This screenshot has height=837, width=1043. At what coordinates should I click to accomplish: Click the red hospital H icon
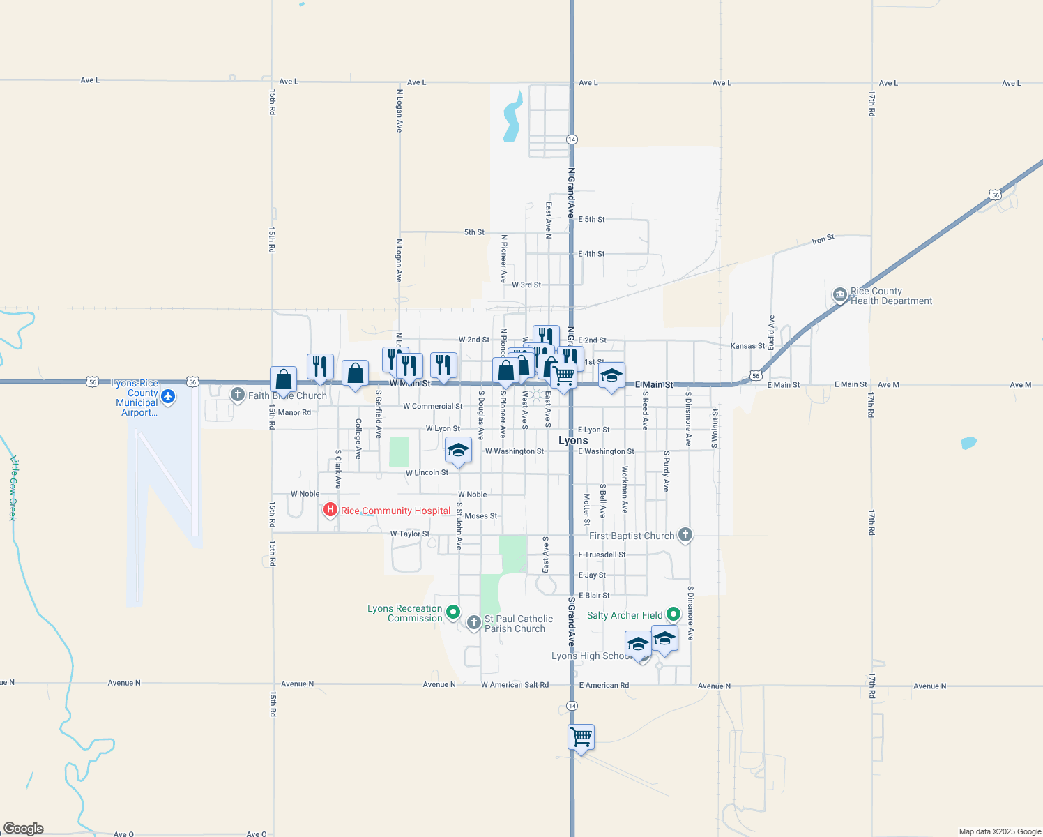coord(330,511)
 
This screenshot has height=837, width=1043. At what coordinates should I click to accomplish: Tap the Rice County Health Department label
coord(891,296)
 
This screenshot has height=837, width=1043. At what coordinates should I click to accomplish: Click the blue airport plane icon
coord(168,397)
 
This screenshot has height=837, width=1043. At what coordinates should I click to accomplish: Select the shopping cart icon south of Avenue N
coord(581,737)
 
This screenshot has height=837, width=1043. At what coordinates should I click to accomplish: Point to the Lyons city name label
coord(573,440)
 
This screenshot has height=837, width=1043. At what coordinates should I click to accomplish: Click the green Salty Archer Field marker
coord(673,614)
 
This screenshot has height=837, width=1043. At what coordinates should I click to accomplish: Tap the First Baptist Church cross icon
coord(685,535)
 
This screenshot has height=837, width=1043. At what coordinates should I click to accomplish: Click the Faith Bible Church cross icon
coord(238,395)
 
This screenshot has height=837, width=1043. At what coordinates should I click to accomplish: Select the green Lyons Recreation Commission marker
coord(453,612)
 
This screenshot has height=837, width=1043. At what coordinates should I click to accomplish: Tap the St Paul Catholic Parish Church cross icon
coord(474,622)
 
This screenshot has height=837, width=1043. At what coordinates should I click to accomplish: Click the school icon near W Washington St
coord(458,450)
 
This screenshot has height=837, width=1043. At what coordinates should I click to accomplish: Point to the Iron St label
coord(823,240)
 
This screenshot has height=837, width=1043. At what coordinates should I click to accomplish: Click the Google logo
coord(24,829)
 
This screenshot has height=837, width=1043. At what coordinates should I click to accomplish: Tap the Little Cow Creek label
coord(13,488)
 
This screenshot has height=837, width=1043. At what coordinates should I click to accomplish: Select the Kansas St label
coord(747,346)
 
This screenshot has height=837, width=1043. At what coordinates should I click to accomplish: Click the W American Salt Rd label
coord(515,685)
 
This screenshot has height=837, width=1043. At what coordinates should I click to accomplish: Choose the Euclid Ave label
coord(772,333)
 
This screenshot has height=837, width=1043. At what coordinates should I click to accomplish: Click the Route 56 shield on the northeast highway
coord(996,195)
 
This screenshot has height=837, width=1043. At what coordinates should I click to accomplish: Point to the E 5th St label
coord(591,220)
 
